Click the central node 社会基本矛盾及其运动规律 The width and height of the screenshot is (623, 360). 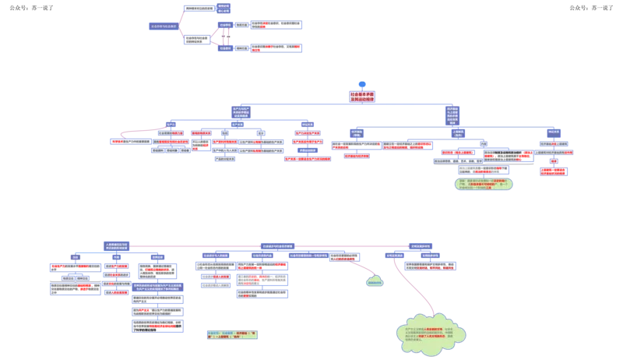[362, 97]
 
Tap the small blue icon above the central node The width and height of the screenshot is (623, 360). [361, 84]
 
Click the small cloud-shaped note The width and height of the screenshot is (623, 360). [375, 281]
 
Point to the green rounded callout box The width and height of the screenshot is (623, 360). [484, 185]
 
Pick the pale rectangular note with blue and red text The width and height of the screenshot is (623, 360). [233, 336]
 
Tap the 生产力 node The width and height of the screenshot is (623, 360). [171, 124]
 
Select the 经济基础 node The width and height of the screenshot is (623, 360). [356, 133]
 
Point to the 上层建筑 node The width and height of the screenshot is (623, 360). [459, 132]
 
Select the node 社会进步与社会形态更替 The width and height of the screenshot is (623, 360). [276, 245]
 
